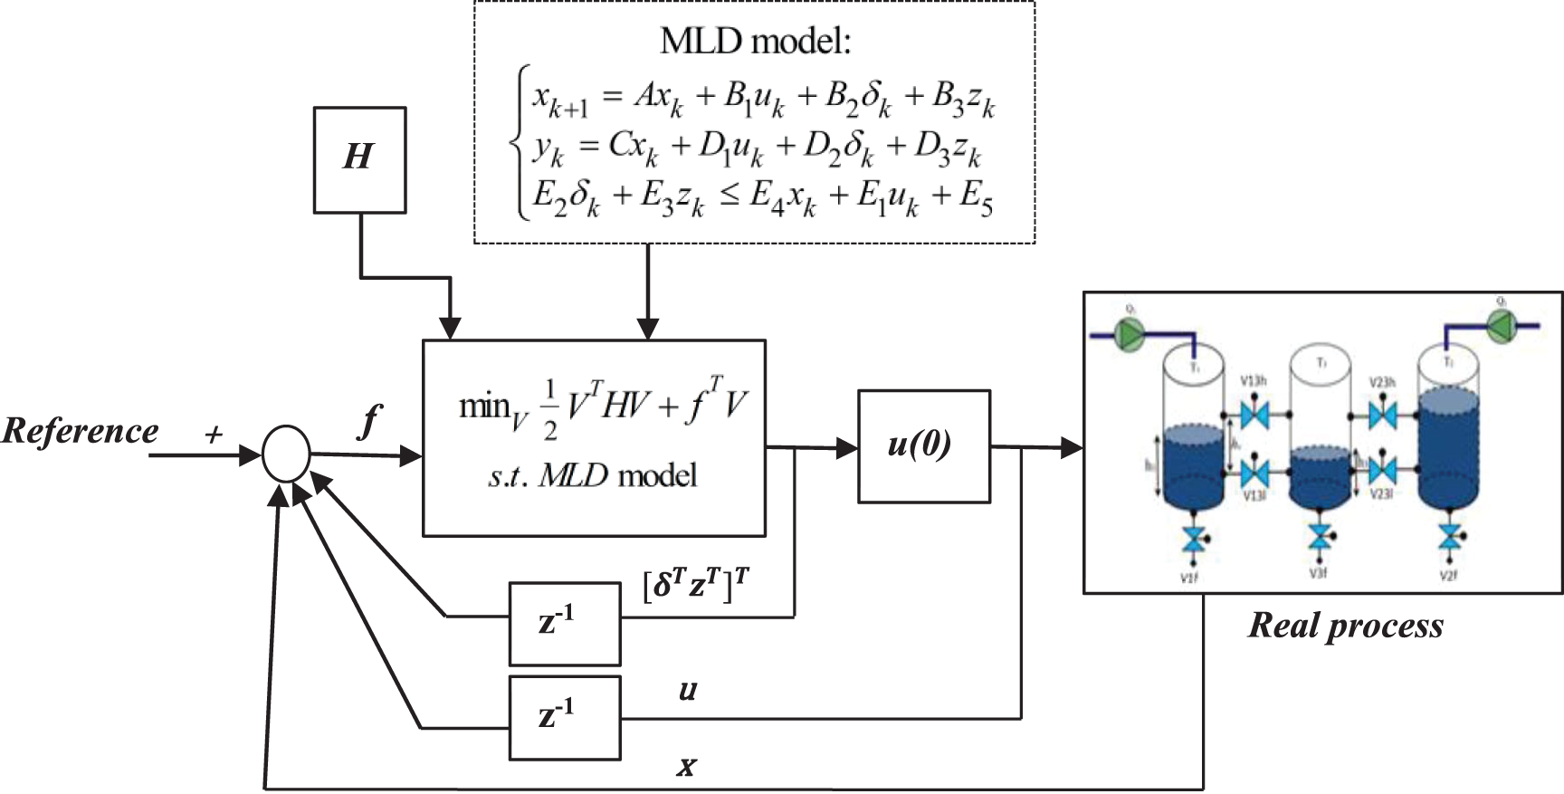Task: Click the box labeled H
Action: click(358, 159)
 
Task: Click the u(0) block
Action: click(923, 446)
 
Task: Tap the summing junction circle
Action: click(286, 454)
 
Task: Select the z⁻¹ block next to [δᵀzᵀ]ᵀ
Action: click(565, 624)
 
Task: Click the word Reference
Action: click(80, 431)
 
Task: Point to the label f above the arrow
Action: click(367, 422)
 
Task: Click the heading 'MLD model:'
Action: click(755, 41)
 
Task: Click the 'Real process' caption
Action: click(1345, 626)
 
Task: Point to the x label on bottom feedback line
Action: click(687, 768)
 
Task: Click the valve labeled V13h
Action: click(1254, 416)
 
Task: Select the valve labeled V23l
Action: click(1381, 471)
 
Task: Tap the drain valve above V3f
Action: click(1320, 538)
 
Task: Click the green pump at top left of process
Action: click(1128, 336)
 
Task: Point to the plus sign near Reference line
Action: click(214, 435)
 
